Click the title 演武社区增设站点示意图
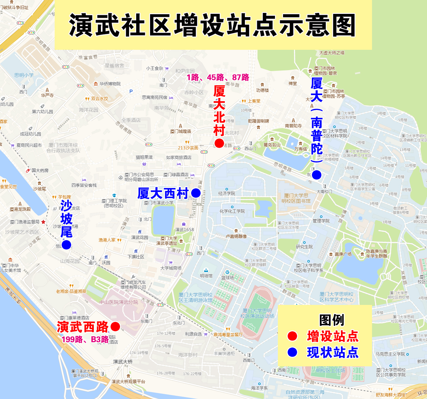pos(213,25)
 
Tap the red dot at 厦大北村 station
pos(219,143)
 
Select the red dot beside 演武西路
pos(115,327)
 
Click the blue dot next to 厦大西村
pos(196,193)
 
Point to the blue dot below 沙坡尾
pos(66,245)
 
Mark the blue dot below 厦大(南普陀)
pos(316,175)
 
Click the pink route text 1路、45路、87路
pos(218,77)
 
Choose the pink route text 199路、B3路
pos(85,339)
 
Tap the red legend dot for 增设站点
pos(292,336)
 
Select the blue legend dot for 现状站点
pos(292,352)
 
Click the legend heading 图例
pos(332,320)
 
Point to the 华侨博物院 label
pos(110,84)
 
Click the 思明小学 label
pos(24,75)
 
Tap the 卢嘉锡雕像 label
pos(236,236)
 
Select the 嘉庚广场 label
pos(343,254)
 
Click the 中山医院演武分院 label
pos(118,302)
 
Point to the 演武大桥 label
pos(123,361)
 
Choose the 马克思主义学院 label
pos(390,354)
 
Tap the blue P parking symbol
pos(131,92)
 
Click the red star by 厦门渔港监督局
pos(43,222)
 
